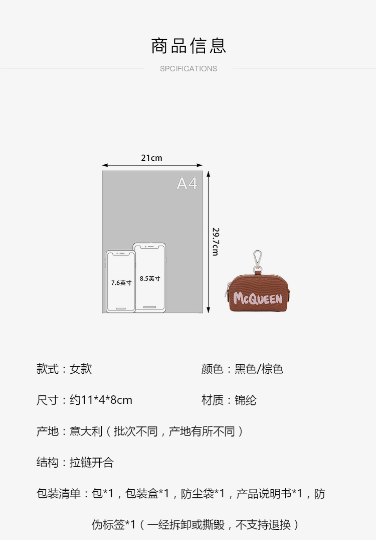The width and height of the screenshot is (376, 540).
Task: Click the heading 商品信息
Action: point(189,46)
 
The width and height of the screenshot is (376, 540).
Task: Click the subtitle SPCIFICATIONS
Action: point(189,69)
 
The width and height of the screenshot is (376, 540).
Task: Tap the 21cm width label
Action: point(151,158)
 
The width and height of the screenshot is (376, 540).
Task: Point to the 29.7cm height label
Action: point(216,242)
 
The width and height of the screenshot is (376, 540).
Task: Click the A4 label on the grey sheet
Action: point(187,184)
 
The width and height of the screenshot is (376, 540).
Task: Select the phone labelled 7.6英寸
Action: point(121,282)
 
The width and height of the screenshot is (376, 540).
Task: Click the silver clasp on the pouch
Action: point(258,261)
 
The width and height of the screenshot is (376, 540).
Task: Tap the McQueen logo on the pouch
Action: point(258,299)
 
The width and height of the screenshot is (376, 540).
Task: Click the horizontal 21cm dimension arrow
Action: point(152,165)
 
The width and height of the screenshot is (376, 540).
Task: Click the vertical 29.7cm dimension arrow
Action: point(209,242)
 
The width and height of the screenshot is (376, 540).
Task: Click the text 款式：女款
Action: point(64,369)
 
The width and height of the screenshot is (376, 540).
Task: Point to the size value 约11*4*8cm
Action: point(101,400)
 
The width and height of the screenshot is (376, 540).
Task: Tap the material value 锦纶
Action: point(246,400)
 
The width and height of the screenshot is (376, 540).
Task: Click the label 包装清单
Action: point(59,494)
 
